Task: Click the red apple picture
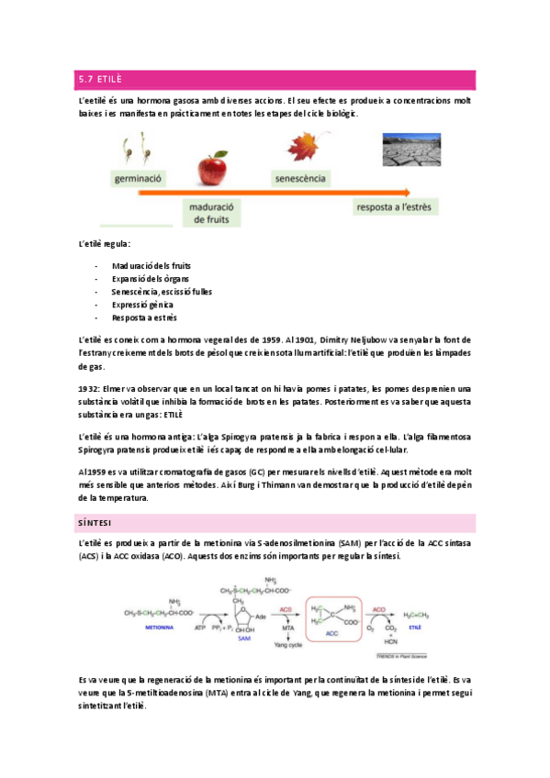pyautogui.click(x=211, y=168)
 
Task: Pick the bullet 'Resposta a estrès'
pyautogui.click(x=144, y=317)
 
